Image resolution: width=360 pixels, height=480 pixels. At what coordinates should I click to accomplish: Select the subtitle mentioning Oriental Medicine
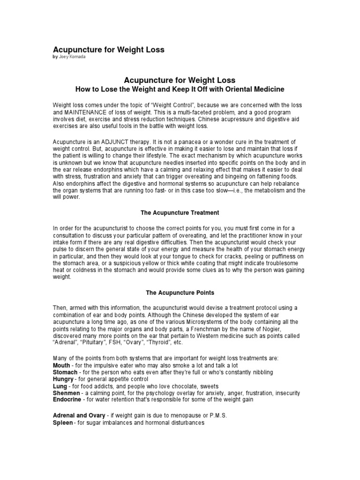click(x=180, y=89)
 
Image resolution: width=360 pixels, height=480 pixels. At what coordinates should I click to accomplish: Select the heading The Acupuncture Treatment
click(x=180, y=212)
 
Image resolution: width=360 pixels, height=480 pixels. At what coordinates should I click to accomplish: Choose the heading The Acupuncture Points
click(x=180, y=292)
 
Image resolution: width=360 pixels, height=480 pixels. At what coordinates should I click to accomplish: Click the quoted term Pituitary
click(x=95, y=343)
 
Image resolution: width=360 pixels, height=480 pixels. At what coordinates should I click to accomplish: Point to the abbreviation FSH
click(x=122, y=343)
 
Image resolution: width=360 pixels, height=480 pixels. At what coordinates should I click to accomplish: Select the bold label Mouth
click(x=62, y=365)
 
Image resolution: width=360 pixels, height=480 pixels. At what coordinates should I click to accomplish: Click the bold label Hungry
click(x=63, y=379)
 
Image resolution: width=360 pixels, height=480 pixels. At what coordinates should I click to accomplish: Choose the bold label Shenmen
click(x=66, y=393)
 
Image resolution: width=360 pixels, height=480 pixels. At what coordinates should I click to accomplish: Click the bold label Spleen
click(x=63, y=423)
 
